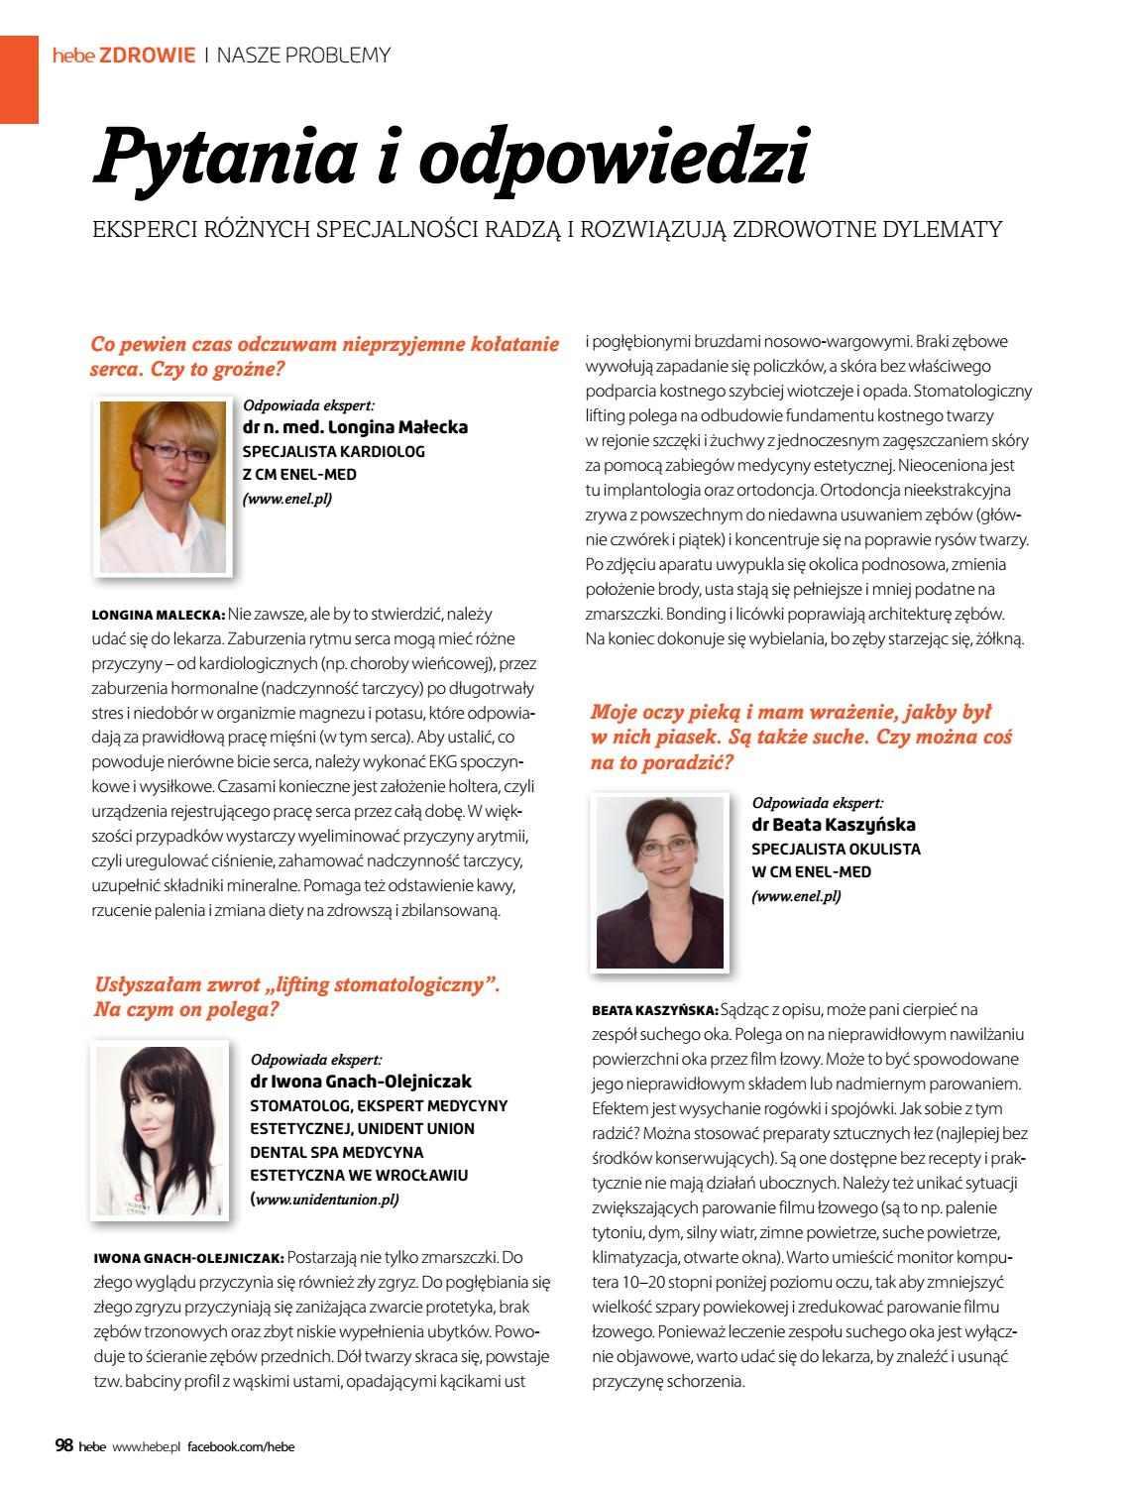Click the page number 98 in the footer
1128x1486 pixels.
point(63,1445)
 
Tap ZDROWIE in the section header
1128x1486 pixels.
point(148,56)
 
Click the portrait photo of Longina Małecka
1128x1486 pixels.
point(163,486)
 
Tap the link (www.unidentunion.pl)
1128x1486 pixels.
point(325,1200)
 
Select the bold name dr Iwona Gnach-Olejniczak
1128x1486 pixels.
point(361,1081)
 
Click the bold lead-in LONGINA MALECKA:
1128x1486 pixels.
point(159,615)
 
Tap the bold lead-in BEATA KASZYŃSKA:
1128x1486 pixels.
point(654,1010)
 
